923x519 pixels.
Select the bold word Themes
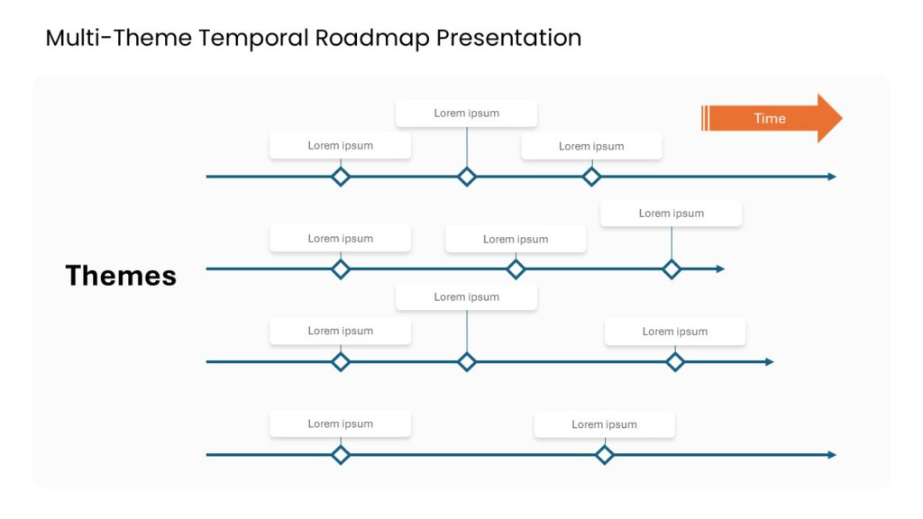(x=121, y=276)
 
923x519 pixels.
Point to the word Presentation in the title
(x=508, y=38)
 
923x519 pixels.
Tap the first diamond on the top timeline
(x=341, y=177)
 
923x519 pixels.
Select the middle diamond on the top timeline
(x=467, y=177)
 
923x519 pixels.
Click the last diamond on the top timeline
(x=591, y=177)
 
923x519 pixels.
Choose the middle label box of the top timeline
(x=466, y=114)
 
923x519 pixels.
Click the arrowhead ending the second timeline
(x=720, y=269)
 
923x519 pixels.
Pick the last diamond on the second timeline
(x=672, y=269)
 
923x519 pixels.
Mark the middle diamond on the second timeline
(x=516, y=269)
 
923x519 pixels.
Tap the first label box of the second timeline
(x=340, y=239)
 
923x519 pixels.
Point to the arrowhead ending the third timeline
(x=769, y=362)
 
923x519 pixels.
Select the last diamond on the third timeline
(x=675, y=362)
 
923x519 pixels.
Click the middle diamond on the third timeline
(x=467, y=362)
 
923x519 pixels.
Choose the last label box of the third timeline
(x=674, y=332)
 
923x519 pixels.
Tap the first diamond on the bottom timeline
(x=341, y=455)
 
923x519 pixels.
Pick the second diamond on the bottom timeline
(x=605, y=455)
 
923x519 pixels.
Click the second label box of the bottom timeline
(x=604, y=424)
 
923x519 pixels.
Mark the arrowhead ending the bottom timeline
(x=832, y=455)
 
